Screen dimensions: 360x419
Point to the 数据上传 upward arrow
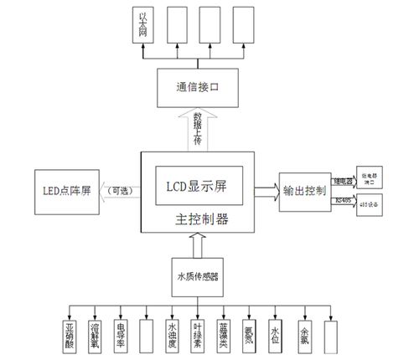pos(199,129)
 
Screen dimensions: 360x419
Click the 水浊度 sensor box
pos(172,334)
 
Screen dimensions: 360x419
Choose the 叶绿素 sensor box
pos(198,334)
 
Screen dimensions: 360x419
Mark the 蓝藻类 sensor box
pos(223,334)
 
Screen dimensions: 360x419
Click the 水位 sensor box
pos(274,334)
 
